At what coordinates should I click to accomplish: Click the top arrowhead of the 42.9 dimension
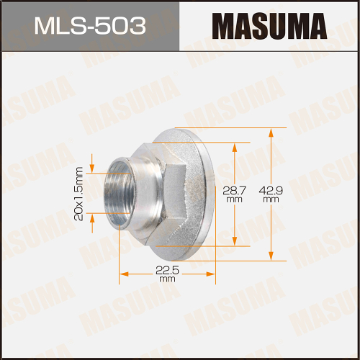[271, 133]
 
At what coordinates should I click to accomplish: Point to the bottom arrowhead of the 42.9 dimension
[271, 256]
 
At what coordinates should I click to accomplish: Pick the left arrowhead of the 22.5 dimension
[124, 274]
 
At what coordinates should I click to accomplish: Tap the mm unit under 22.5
[167, 279]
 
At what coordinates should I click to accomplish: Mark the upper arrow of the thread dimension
[92, 160]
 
